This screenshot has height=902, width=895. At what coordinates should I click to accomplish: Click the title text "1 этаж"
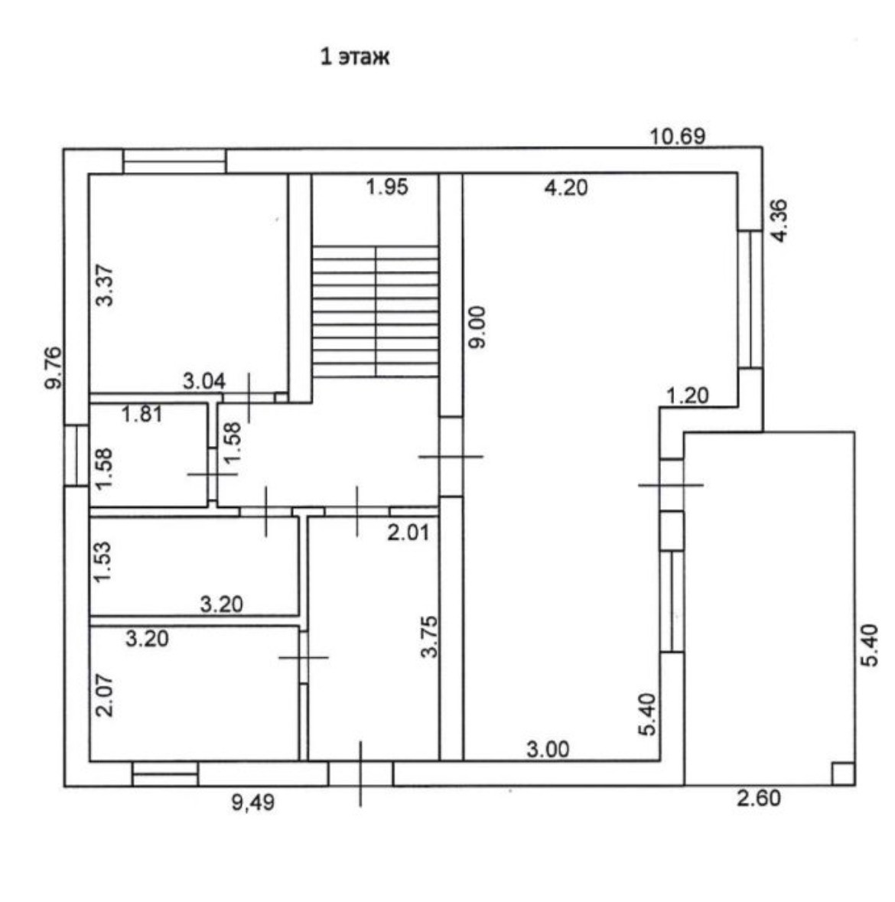pyautogui.click(x=354, y=57)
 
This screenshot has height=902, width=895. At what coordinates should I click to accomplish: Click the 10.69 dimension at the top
pyautogui.click(x=677, y=137)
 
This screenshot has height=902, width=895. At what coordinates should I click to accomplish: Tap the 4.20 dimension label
pyautogui.click(x=565, y=187)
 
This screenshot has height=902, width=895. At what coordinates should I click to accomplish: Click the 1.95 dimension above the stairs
pyautogui.click(x=387, y=186)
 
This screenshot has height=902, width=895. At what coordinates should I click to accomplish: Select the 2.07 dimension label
pyautogui.click(x=105, y=695)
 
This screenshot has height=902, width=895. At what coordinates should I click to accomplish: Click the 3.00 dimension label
pyautogui.click(x=548, y=749)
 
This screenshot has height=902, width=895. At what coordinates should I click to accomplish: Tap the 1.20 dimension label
pyautogui.click(x=687, y=396)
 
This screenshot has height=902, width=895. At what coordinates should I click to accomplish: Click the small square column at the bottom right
pyautogui.click(x=842, y=773)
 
